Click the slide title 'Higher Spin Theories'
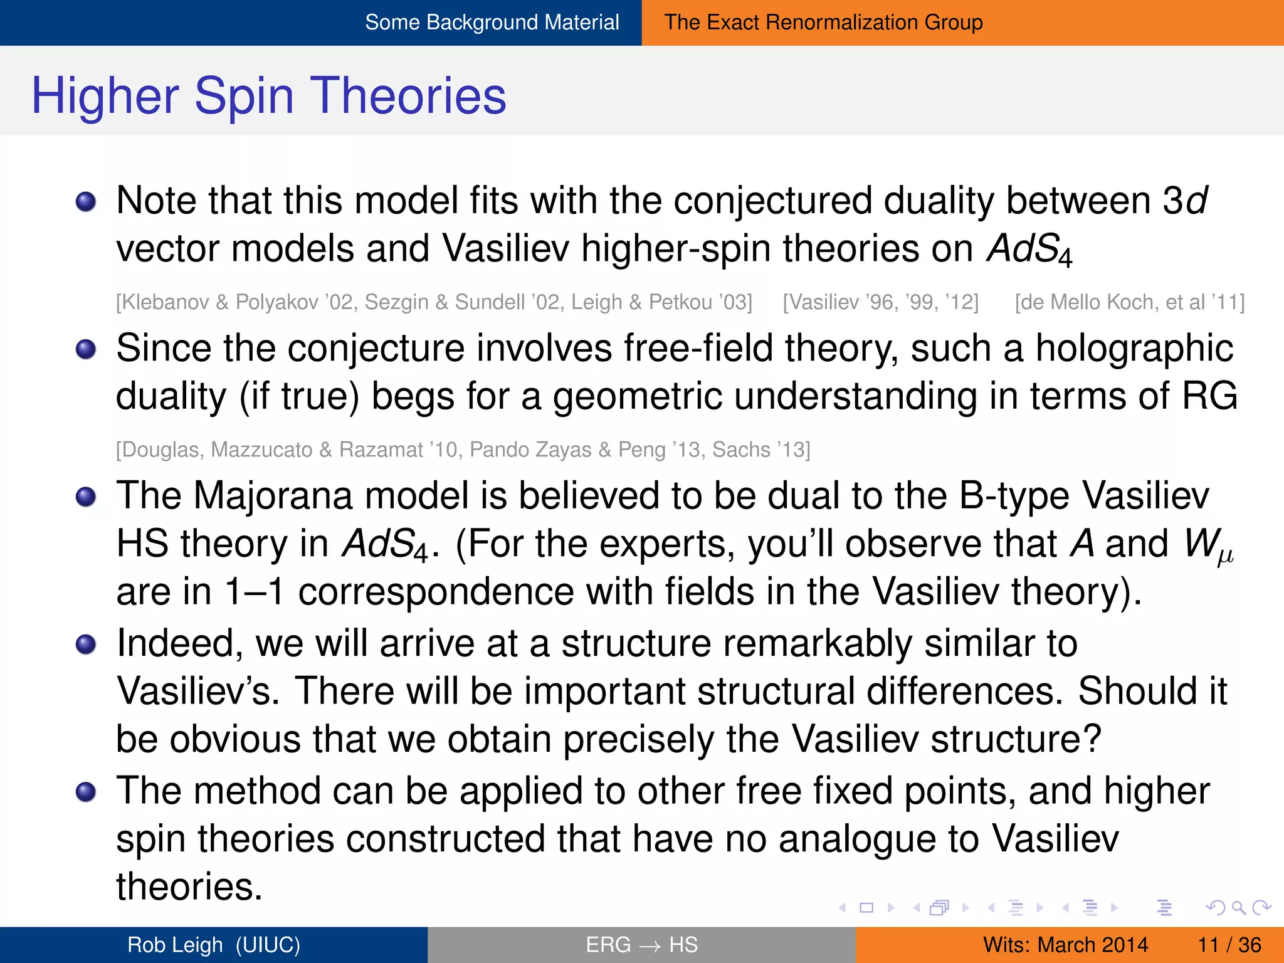(x=268, y=95)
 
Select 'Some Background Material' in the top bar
(x=492, y=23)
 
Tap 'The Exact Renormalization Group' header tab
(x=823, y=23)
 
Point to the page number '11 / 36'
(x=1229, y=945)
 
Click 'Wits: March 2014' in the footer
(x=1065, y=945)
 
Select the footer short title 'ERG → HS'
(x=641, y=945)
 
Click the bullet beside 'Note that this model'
(x=86, y=202)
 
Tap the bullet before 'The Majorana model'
(x=86, y=497)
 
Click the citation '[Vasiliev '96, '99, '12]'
(x=880, y=302)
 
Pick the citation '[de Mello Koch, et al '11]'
(x=1130, y=302)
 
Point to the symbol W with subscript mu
(x=1208, y=545)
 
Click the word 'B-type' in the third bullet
(x=1014, y=496)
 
